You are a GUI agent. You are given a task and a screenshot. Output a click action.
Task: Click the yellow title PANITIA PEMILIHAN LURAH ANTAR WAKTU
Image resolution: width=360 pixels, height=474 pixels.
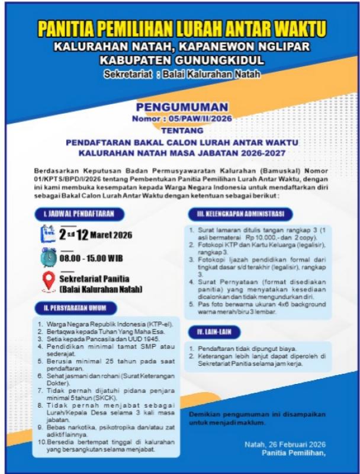point(181,27)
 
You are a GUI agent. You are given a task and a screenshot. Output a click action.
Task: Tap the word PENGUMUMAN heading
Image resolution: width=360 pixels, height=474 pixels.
point(182,107)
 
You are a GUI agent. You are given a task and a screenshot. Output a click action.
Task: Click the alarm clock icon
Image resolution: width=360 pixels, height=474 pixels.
point(49,257)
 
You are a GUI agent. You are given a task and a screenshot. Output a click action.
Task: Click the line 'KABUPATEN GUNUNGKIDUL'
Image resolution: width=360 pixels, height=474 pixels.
point(181,60)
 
